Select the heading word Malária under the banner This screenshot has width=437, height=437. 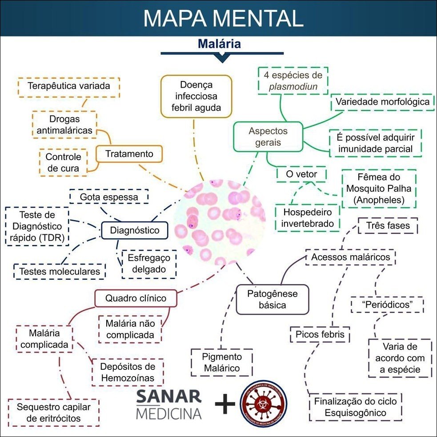point(219,44)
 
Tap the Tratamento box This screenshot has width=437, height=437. point(129,154)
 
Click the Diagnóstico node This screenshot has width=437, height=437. point(134,230)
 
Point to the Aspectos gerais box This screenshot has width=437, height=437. point(268,137)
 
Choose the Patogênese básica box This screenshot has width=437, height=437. point(272,299)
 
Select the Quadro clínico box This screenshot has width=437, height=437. point(136,298)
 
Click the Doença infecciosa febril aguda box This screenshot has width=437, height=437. point(196,96)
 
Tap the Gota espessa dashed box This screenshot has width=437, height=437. point(109,196)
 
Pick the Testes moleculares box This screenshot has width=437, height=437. point(60,271)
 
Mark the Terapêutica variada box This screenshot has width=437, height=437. point(68,86)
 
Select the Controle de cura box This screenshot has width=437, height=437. point(63,162)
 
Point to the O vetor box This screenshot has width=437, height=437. point(301,174)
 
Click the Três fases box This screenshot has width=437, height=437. point(388,225)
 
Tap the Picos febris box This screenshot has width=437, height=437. point(320,334)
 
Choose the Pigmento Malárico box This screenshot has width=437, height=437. point(221,362)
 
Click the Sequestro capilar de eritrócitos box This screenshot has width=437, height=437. point(53,413)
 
